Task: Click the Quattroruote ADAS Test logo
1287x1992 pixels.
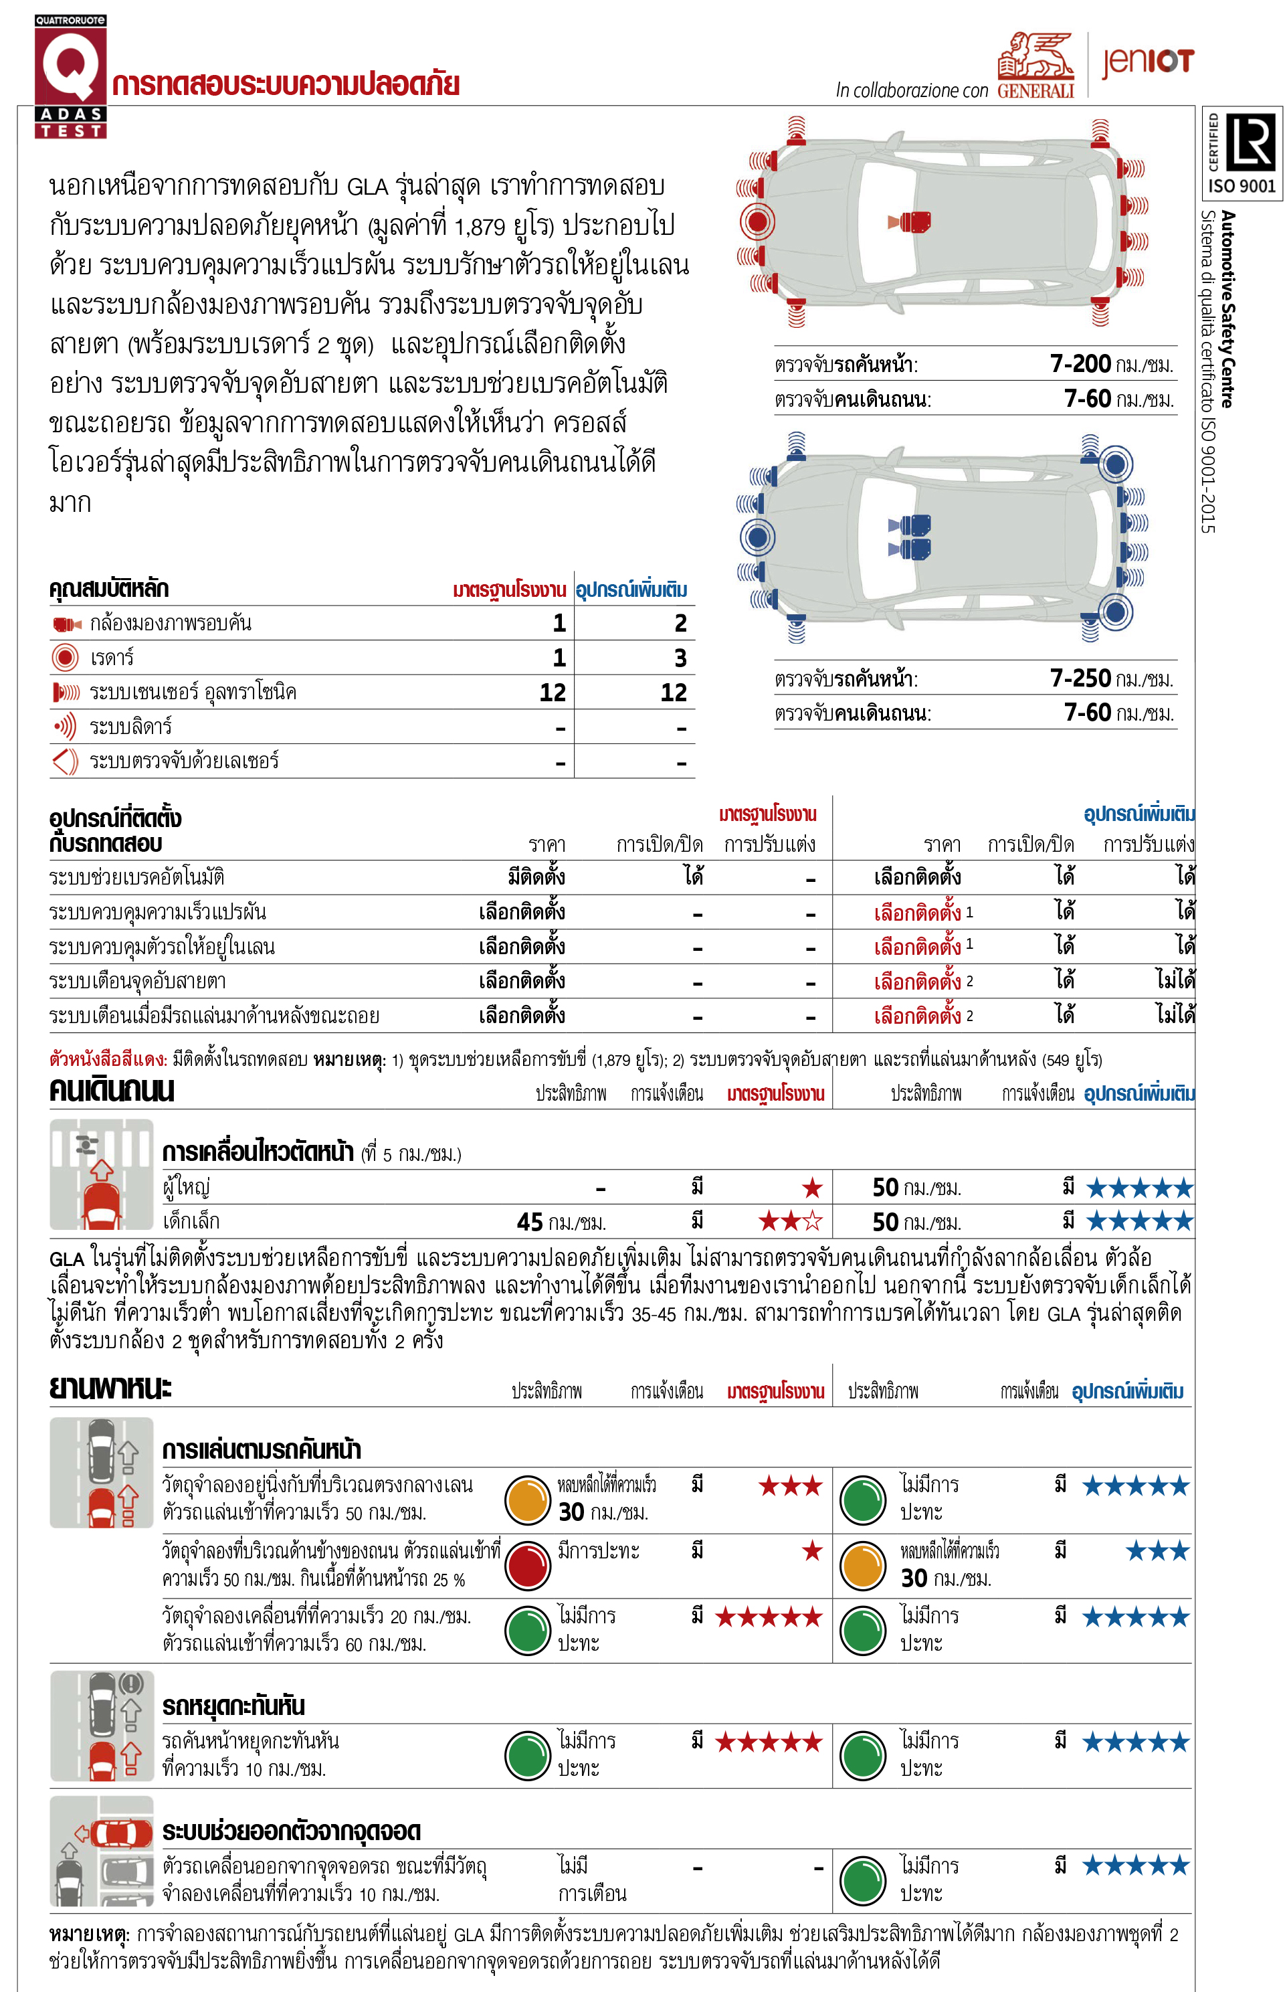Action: pos(70,75)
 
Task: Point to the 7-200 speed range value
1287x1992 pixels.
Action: pos(1080,363)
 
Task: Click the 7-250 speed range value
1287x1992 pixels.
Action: pos(1080,678)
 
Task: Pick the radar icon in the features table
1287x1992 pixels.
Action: pos(65,658)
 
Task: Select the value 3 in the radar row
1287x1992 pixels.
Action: pos(680,658)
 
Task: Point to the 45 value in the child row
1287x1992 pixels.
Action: pos(530,1222)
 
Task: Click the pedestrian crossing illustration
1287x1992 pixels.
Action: pos(101,1174)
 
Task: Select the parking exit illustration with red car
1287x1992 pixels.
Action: pos(101,1851)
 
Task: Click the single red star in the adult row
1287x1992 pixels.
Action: pos(811,1187)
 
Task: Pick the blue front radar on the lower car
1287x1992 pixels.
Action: pos(757,537)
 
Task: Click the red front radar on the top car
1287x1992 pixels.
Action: pos(757,221)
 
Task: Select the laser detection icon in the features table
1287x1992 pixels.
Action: pos(65,761)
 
